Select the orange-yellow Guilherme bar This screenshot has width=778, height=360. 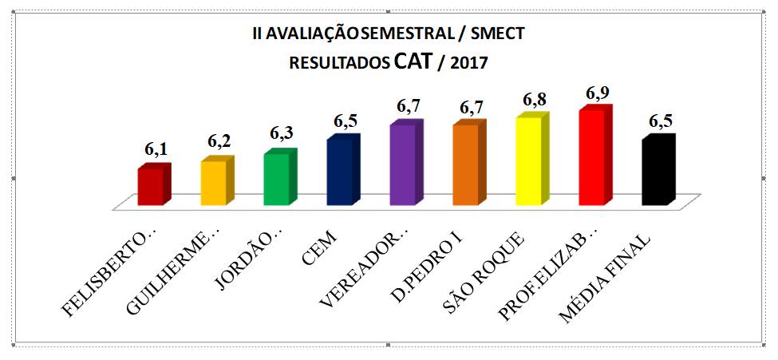[x=213, y=183]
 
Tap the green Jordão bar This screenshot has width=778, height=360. [x=276, y=179]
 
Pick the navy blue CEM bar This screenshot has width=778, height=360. [x=339, y=172]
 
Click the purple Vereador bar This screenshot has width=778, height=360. [x=402, y=164]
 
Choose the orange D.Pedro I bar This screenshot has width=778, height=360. [x=465, y=164]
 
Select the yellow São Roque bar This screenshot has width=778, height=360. [x=528, y=161]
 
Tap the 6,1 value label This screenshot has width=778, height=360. [x=156, y=149]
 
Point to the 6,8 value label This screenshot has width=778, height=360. [x=535, y=101]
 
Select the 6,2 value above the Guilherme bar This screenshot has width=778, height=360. [x=219, y=141]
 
